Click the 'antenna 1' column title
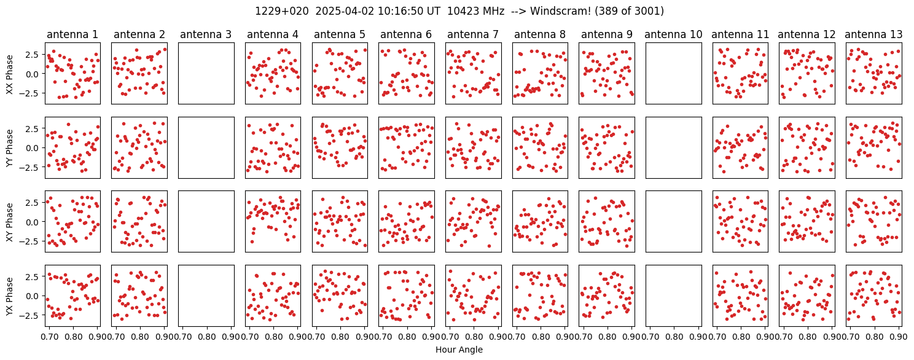pyautogui.click(x=72, y=34)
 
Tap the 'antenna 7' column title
pyautogui.click(x=474, y=34)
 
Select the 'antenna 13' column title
pyautogui.click(x=873, y=34)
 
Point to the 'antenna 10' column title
pyautogui.click(x=674, y=34)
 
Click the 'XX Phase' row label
pyautogui.click(x=10, y=74)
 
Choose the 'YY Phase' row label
pyautogui.click(x=10, y=148)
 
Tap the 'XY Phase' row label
pyautogui.click(x=10, y=222)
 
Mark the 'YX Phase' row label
pyautogui.click(x=10, y=296)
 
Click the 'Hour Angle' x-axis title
pyautogui.click(x=459, y=350)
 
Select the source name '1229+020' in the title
pyautogui.click(x=282, y=11)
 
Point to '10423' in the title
pyautogui.click(x=461, y=11)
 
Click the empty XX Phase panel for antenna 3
pyautogui.click(x=206, y=74)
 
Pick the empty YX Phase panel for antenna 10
pyautogui.click(x=674, y=296)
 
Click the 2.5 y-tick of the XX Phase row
pyautogui.click(x=34, y=54)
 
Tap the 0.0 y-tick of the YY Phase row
pyautogui.click(x=34, y=148)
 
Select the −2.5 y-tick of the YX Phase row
pyautogui.click(x=32, y=315)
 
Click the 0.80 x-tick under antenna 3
pyautogui.click(x=207, y=337)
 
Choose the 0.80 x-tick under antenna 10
pyautogui.click(x=674, y=337)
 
